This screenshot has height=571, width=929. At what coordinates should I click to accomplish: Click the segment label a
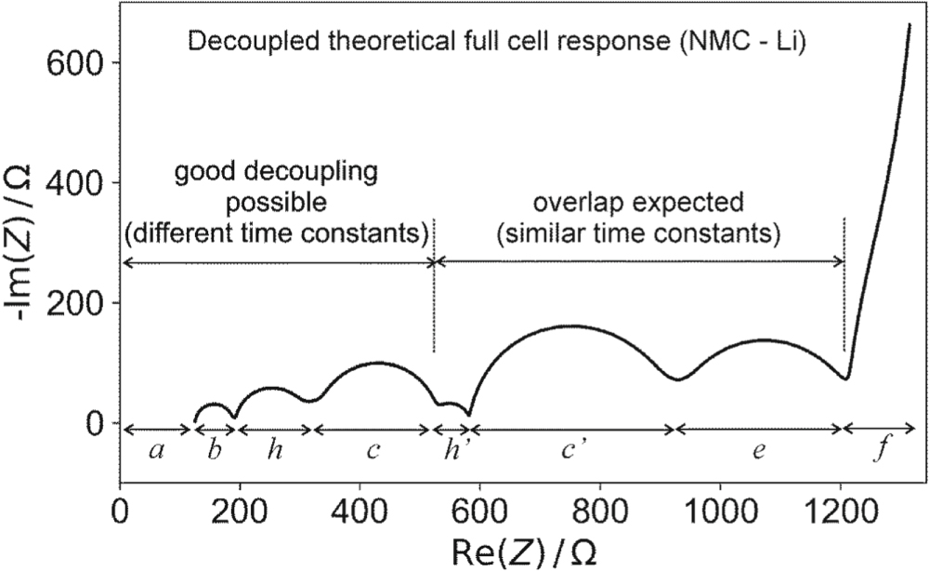(155, 452)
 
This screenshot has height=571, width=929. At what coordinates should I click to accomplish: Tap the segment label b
(214, 452)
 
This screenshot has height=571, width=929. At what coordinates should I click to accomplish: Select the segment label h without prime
(275, 451)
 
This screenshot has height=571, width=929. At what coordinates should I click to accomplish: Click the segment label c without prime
(373, 452)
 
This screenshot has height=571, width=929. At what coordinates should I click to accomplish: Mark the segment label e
(758, 452)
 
